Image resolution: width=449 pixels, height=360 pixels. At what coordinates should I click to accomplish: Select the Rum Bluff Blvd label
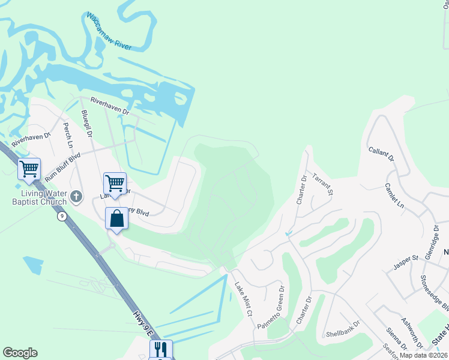(x=62, y=167)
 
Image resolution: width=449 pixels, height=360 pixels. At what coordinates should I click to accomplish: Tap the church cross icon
(x=76, y=196)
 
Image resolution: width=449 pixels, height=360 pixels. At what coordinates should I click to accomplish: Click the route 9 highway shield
(x=62, y=216)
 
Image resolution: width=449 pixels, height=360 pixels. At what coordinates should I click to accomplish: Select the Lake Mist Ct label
(x=244, y=298)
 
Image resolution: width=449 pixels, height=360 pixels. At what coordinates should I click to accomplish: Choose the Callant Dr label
(x=381, y=155)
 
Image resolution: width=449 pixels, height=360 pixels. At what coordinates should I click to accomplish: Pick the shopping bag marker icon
(x=116, y=219)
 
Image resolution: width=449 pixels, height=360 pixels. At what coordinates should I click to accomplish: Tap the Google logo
(x=20, y=353)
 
